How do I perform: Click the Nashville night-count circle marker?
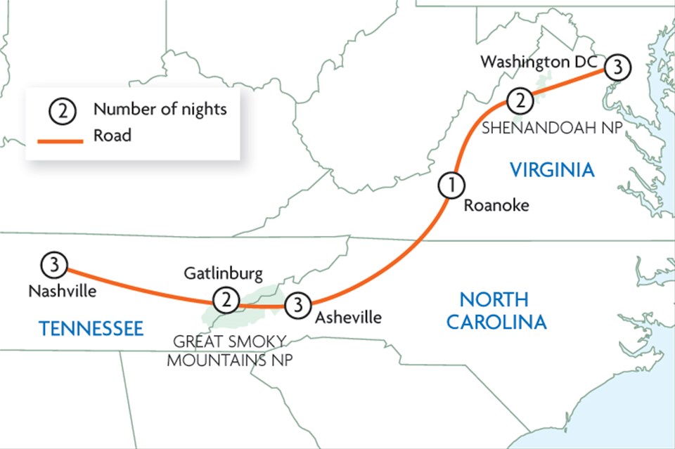54,266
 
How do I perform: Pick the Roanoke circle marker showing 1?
451,186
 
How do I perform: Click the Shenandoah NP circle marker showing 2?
519,100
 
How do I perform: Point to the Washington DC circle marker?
617,67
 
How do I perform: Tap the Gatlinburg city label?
223,273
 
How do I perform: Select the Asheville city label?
348,318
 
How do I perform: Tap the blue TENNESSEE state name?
91,328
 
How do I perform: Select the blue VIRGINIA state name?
552,169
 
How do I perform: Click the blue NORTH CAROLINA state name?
503,311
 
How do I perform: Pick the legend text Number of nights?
160,110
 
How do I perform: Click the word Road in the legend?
112,136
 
